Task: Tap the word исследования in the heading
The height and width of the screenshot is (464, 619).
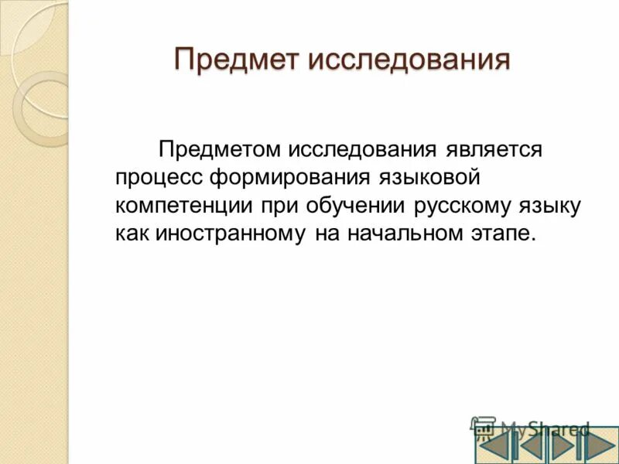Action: (409, 59)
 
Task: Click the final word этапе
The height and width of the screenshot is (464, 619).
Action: (504, 234)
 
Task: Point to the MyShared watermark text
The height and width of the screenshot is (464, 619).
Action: (544, 428)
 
